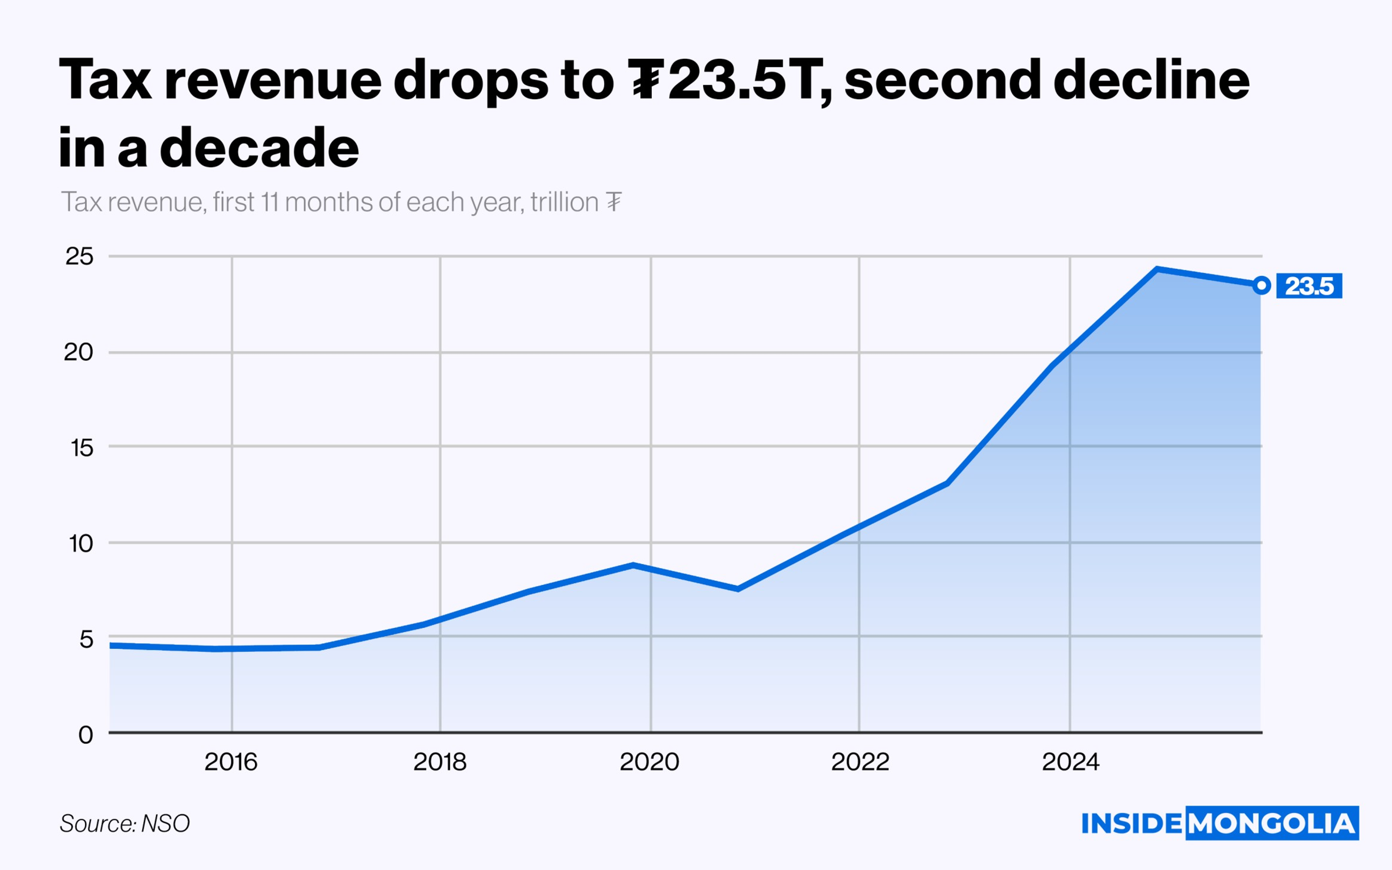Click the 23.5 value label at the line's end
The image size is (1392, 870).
(x=1308, y=286)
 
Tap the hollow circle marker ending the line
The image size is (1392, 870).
(x=1261, y=285)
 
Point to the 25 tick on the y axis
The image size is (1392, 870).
(x=80, y=257)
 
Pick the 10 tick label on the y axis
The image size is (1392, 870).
(x=81, y=543)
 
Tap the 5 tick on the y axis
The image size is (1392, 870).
(x=87, y=639)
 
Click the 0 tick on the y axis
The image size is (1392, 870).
(x=86, y=735)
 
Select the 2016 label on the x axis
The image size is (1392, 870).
(x=231, y=763)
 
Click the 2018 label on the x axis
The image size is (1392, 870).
(x=440, y=763)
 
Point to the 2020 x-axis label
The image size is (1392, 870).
(x=650, y=763)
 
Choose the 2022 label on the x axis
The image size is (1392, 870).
(x=860, y=763)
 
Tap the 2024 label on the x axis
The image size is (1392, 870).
(x=1070, y=763)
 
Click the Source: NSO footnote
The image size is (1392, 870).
(x=125, y=823)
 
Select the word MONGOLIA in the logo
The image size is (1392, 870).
(x=1272, y=823)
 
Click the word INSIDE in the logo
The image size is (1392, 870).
(x=1132, y=823)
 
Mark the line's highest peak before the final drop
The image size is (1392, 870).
(x=1157, y=269)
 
